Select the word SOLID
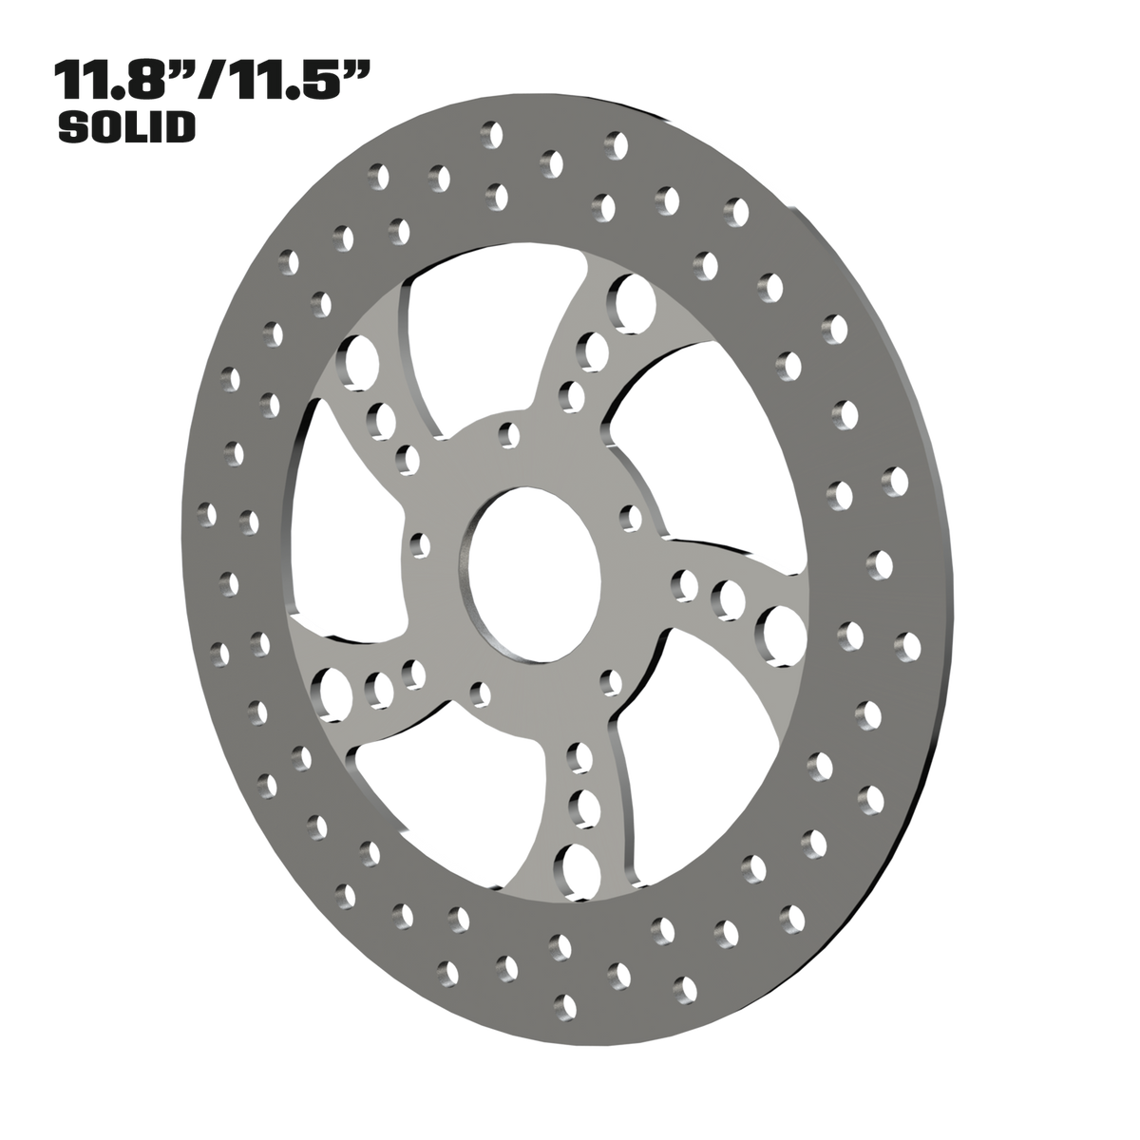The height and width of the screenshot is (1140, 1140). click(126, 126)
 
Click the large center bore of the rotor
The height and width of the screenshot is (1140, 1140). click(530, 574)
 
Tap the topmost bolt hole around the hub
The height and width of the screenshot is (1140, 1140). click(509, 435)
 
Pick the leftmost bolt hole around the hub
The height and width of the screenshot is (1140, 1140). click(420, 545)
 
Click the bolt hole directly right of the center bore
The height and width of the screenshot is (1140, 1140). click(631, 519)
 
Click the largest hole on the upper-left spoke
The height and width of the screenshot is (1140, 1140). click(357, 363)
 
